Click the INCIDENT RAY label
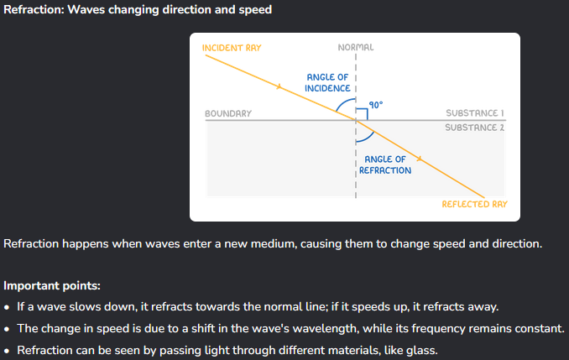(x=232, y=48)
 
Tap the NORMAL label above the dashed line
(x=355, y=48)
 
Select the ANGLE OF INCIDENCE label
(x=326, y=83)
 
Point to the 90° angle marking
(x=375, y=105)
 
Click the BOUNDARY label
(x=227, y=112)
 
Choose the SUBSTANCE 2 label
(x=474, y=128)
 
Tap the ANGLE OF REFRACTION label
(x=385, y=164)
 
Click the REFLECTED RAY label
(x=474, y=204)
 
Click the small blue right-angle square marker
(x=362, y=114)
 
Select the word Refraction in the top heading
(x=36, y=10)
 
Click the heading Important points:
(x=51, y=284)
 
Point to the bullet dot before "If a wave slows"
(x=8, y=305)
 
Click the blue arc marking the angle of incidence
(x=342, y=105)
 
